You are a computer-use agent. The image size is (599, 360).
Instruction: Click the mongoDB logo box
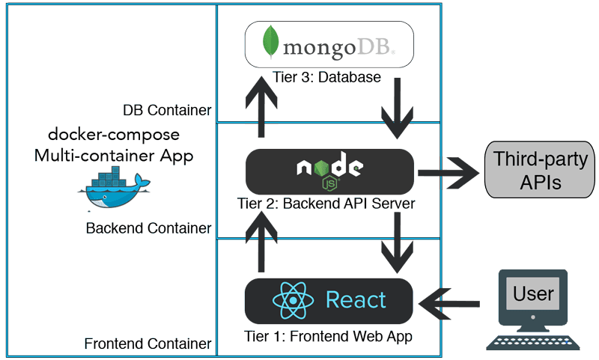point(329,44)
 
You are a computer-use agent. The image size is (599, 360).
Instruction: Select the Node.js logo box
point(329,171)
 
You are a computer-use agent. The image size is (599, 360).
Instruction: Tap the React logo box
point(329,300)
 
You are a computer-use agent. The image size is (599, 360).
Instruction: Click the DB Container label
point(167,111)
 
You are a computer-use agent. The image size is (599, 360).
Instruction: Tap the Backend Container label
point(148,227)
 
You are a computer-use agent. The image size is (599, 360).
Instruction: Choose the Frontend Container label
point(147,345)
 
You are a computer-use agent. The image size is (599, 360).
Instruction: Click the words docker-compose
point(114,135)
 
